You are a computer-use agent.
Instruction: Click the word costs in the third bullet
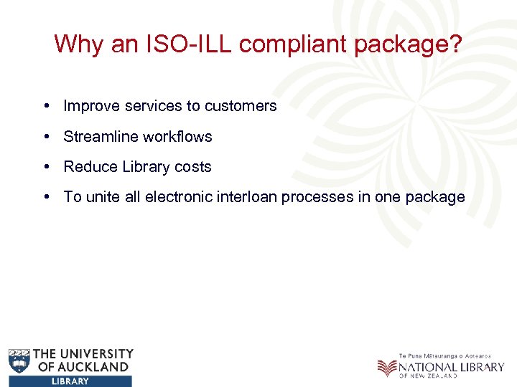point(192,167)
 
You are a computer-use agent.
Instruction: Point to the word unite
point(103,197)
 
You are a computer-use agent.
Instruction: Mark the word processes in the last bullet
point(314,197)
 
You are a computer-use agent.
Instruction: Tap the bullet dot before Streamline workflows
point(45,136)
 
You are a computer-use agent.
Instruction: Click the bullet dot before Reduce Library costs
point(45,167)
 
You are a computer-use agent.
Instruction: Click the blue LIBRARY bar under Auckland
point(70,381)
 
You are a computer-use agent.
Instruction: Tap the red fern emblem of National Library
point(387,367)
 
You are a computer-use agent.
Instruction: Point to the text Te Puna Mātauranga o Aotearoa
point(445,355)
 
